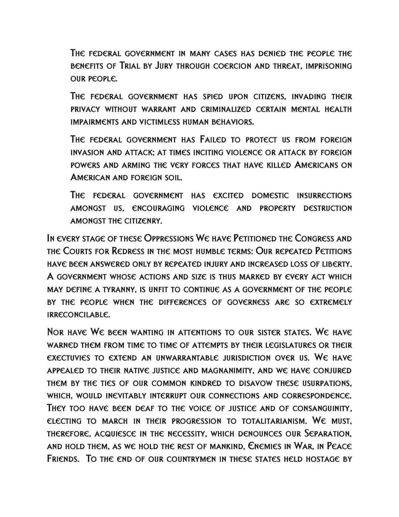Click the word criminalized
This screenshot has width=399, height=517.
tap(228, 109)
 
